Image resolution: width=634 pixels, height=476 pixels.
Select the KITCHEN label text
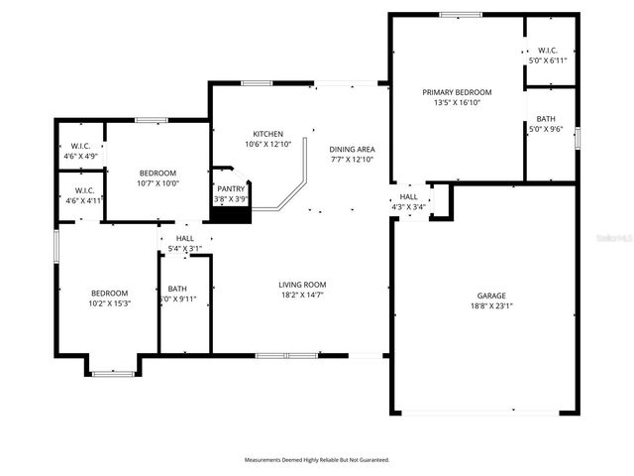click(x=268, y=134)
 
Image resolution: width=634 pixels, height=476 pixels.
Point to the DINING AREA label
click(x=353, y=149)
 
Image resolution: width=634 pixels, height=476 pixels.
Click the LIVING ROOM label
click(x=302, y=285)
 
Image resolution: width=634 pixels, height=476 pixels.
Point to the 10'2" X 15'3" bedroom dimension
click(x=110, y=303)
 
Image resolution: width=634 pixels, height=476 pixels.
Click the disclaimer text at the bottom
click(x=317, y=460)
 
